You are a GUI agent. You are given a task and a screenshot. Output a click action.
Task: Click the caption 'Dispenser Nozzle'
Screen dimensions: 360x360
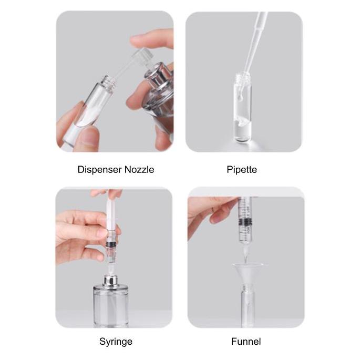click(x=116, y=170)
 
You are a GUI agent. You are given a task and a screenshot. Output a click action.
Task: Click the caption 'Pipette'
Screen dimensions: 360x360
click(x=242, y=170)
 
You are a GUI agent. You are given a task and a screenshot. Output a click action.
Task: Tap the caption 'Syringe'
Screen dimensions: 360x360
click(x=116, y=342)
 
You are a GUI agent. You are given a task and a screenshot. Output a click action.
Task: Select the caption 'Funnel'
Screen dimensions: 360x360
click(x=246, y=342)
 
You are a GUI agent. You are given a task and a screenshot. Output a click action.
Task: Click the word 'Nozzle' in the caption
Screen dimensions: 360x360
click(x=139, y=170)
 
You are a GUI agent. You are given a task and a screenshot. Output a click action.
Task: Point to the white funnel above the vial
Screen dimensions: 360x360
click(x=248, y=273)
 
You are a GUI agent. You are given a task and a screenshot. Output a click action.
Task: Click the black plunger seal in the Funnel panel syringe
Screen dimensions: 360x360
click(x=245, y=222)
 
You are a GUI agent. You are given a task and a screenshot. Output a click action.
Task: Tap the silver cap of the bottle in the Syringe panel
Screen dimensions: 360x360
click(x=110, y=281)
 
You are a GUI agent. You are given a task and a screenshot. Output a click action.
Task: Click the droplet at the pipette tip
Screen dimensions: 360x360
click(x=240, y=98)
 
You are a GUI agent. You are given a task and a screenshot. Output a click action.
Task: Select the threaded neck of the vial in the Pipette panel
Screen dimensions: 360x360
click(x=242, y=77)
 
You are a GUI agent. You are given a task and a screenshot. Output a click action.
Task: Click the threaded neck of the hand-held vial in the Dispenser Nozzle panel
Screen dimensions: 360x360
click(x=108, y=82)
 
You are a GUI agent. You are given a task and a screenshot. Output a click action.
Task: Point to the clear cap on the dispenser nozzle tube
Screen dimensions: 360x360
click(x=143, y=56)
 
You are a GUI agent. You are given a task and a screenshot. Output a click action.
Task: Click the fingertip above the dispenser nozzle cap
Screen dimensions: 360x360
click(x=149, y=39)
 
